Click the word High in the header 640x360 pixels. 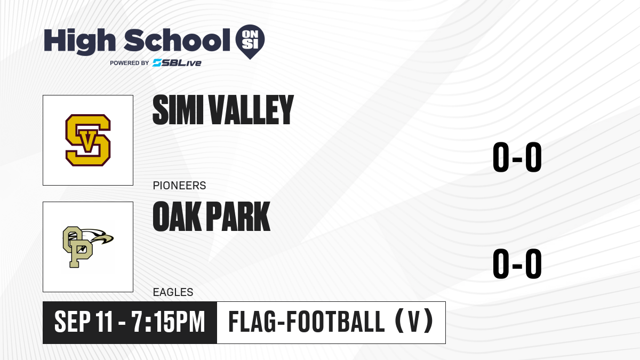pos(79,42)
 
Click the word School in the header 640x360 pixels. pos(177,40)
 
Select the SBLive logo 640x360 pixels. pos(177,62)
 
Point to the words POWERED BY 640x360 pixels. pos(130,63)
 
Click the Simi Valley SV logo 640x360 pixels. pos(88,140)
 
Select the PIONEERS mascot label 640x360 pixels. pos(179,186)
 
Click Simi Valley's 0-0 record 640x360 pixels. pos(517,157)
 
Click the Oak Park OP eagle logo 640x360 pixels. pos(88,247)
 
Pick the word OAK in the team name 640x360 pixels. pos(177,217)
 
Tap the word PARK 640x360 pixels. pos(238,217)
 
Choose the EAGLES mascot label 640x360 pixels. pos(173,292)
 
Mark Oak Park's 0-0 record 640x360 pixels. pos(517,263)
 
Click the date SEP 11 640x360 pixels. pos(84,322)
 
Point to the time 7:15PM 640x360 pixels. pos(168,322)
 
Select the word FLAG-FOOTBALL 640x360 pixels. pos(307,322)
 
